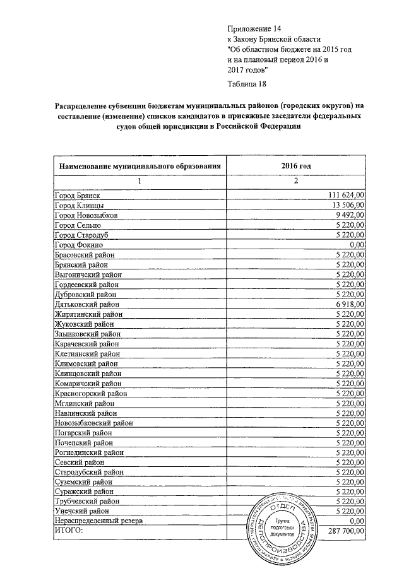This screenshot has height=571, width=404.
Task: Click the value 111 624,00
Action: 348,196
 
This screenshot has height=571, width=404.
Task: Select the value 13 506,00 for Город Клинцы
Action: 350,206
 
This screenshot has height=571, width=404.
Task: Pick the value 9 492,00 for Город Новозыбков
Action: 352,215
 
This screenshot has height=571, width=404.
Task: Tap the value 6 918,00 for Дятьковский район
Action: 352,303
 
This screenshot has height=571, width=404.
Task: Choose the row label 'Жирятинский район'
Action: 88,314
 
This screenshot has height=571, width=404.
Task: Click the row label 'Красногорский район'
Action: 91,392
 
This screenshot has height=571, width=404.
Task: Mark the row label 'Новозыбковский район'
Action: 93,422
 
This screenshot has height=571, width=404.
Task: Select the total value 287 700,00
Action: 347,531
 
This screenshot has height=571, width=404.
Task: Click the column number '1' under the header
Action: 140,181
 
